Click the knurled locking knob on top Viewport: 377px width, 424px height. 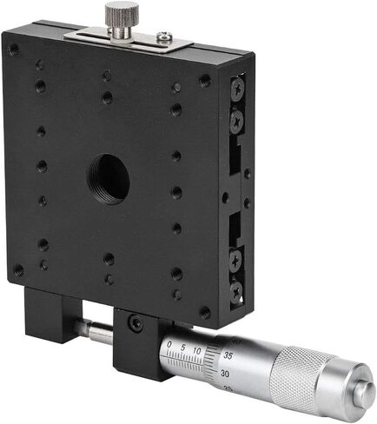click(x=120, y=15)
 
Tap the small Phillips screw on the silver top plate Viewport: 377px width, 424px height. click(x=163, y=37)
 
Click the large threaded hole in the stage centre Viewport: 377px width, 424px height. click(x=109, y=176)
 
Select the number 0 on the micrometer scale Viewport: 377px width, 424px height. click(x=169, y=345)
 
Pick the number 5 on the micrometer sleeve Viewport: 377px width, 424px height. click(x=184, y=348)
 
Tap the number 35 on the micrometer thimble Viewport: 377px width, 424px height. click(x=228, y=355)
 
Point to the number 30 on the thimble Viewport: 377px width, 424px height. click(x=226, y=373)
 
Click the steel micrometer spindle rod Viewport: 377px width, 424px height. click(x=96, y=330)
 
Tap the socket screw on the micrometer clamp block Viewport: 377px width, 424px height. click(x=134, y=324)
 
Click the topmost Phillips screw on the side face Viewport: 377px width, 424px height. click(x=237, y=86)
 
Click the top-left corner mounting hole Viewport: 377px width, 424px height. click(x=15, y=50)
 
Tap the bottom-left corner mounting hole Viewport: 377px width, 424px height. click(x=18, y=271)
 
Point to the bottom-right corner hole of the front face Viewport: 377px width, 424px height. click(x=204, y=312)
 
